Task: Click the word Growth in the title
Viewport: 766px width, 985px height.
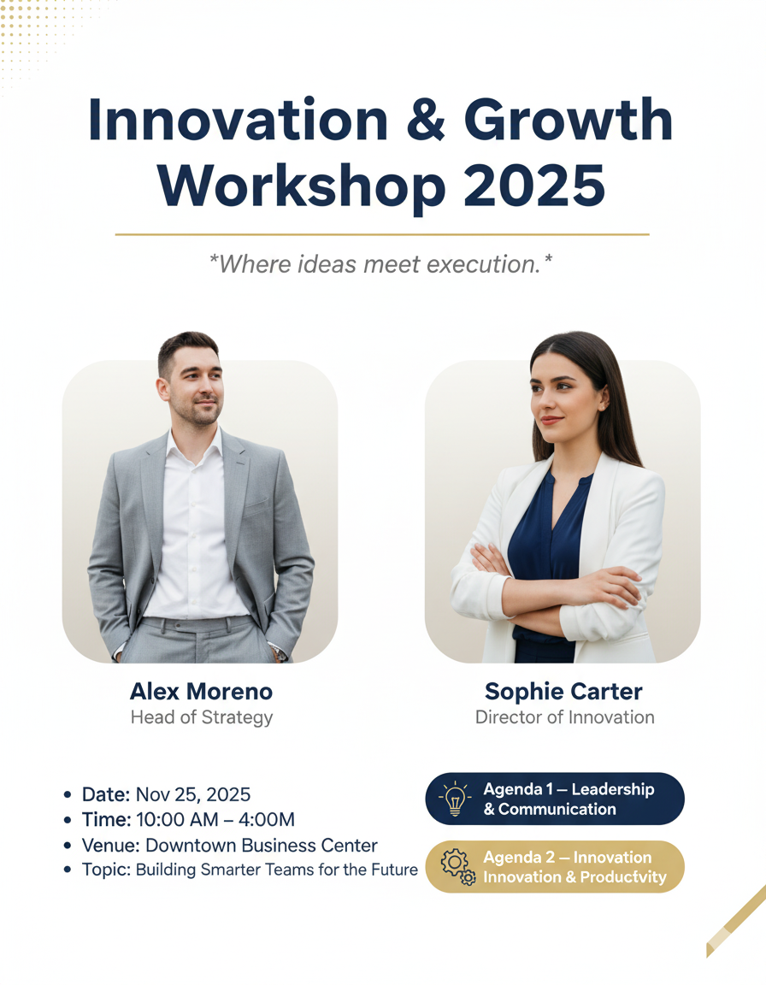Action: (x=569, y=120)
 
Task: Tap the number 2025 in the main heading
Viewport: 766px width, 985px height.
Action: (x=534, y=186)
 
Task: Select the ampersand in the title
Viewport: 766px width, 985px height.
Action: (x=426, y=120)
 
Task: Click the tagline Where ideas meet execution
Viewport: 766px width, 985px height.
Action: (x=380, y=264)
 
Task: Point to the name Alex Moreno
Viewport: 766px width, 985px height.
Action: (x=201, y=691)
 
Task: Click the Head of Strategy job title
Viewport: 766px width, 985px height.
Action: (x=202, y=717)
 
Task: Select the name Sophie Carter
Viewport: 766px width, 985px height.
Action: (x=563, y=691)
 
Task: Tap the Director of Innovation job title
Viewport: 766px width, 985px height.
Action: (x=564, y=717)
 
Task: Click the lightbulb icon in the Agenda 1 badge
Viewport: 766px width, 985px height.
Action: (x=455, y=799)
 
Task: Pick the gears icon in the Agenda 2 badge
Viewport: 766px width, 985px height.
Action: (x=457, y=867)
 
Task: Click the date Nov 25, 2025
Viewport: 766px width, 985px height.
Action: (x=192, y=794)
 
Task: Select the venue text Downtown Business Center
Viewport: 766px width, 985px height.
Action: (x=262, y=846)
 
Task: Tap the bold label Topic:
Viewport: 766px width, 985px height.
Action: (x=106, y=870)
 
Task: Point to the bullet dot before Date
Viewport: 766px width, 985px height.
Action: (x=68, y=795)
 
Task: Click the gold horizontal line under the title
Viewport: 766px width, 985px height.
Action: (x=382, y=234)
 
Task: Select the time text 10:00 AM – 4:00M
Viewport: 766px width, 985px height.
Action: (x=215, y=820)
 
